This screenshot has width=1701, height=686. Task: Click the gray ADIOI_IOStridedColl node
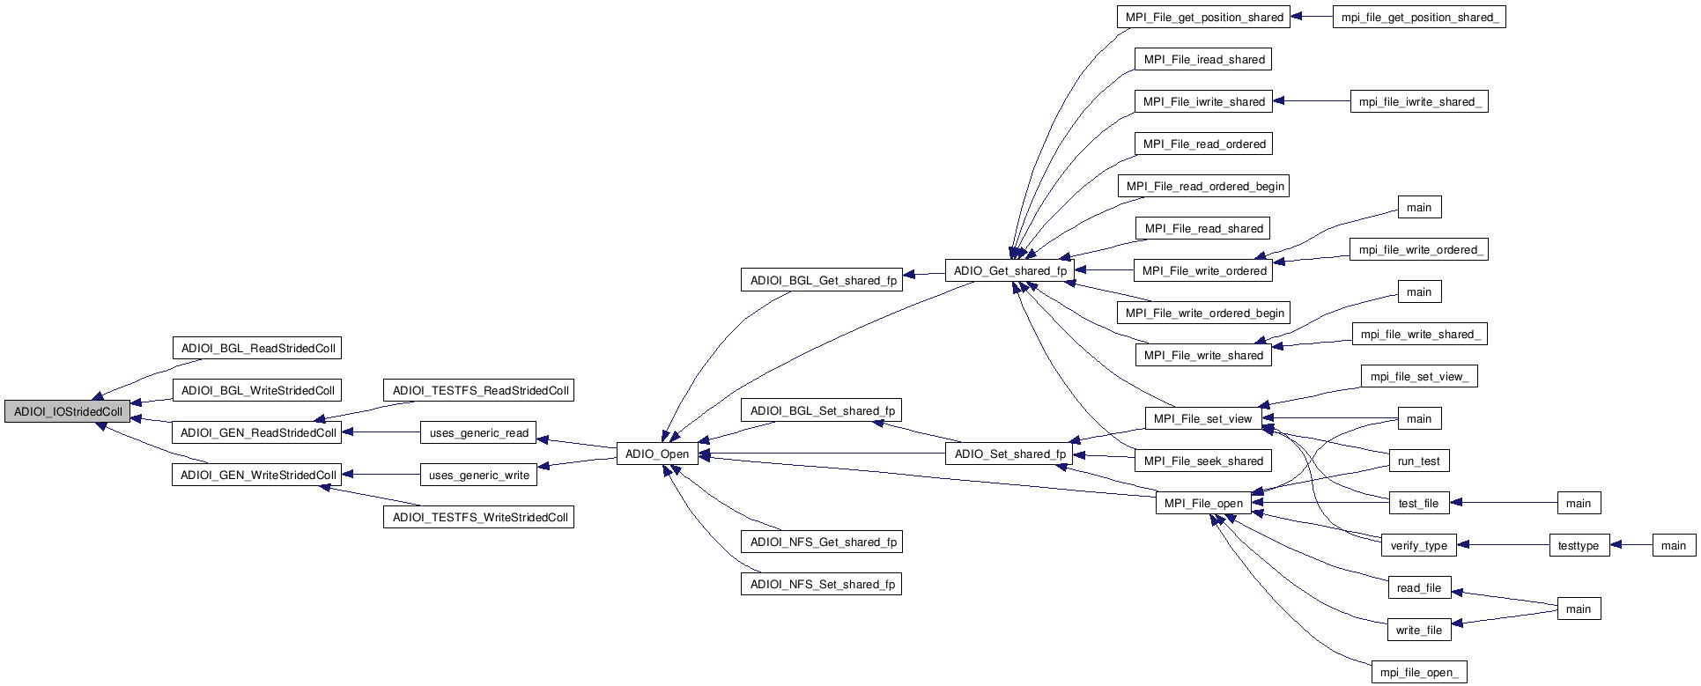[x=67, y=411]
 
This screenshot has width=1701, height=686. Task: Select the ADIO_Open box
[x=657, y=454]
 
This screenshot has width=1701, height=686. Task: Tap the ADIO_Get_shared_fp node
[x=1010, y=270]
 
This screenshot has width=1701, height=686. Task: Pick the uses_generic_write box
[x=478, y=475]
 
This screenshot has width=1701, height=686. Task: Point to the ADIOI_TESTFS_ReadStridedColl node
[x=479, y=390]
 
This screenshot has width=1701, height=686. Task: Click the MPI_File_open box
[x=1203, y=503]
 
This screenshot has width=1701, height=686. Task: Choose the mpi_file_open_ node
[x=1418, y=672]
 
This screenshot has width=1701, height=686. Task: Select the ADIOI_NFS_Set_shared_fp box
[x=821, y=584]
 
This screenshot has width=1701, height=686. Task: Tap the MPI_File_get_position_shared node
[x=1204, y=17]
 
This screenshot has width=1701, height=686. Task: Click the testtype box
[x=1578, y=545]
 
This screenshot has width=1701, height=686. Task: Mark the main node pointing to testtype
[x=1673, y=545]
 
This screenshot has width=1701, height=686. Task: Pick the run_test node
[x=1418, y=461]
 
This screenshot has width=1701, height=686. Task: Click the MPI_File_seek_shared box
[x=1203, y=461]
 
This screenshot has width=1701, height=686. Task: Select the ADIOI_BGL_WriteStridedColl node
[x=257, y=390]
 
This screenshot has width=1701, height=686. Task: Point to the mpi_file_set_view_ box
[x=1418, y=376]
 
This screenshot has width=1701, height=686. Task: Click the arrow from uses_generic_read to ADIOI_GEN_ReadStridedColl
[x=381, y=432]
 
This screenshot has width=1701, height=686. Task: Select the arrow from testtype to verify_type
[x=1503, y=545]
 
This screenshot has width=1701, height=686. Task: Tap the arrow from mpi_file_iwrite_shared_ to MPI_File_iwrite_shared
[x=1313, y=101]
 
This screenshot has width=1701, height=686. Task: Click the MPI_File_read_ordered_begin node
[x=1204, y=186]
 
